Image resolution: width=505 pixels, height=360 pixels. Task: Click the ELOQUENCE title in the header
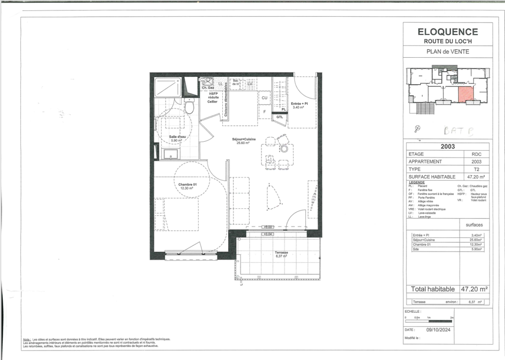[x=447, y=32]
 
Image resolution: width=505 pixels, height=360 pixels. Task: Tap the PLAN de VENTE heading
[x=447, y=51]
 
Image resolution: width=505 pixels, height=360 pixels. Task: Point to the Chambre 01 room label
[x=188, y=186]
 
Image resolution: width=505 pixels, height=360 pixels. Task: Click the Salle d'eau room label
[x=176, y=138]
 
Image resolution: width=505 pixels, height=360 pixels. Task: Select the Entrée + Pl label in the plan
[x=299, y=105]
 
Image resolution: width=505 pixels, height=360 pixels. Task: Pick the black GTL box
[x=280, y=117]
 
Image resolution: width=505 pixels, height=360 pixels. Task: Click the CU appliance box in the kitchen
[x=264, y=98]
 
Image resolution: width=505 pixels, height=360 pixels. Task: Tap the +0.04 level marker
[x=268, y=234]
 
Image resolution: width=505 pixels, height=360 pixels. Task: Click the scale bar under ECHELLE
[x=429, y=321]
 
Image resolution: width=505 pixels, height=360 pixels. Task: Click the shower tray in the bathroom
[x=167, y=88]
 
